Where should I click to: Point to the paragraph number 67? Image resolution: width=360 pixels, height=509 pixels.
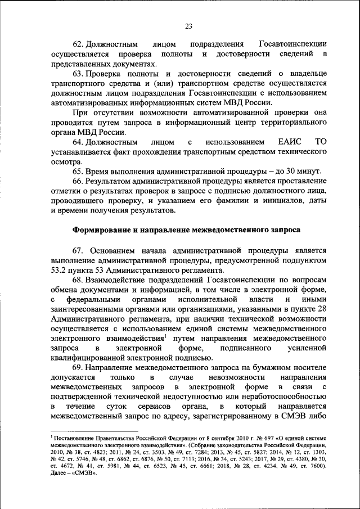79,250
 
